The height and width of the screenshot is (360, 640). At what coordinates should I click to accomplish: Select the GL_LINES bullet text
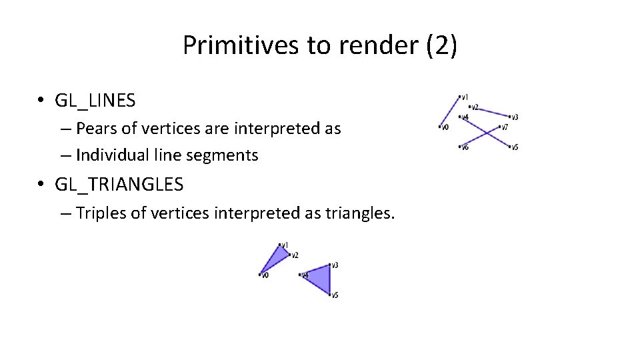[95, 101]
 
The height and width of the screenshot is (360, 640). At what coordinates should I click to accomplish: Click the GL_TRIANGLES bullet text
[119, 184]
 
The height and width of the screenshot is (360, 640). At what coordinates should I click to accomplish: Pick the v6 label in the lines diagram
[465, 147]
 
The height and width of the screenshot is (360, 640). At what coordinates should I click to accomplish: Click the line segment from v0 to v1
[451, 111]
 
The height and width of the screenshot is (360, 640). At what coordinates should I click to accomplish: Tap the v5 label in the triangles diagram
[335, 295]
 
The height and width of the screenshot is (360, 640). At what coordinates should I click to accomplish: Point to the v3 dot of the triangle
[330, 265]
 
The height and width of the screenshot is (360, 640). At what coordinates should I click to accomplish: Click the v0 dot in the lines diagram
[441, 127]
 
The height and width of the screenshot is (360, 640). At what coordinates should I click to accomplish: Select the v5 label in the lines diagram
[515, 147]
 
